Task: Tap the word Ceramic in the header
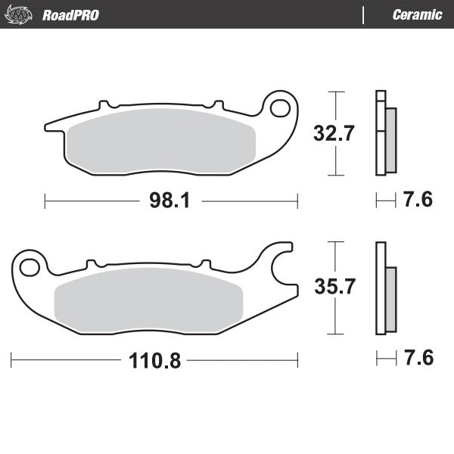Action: (x=417, y=14)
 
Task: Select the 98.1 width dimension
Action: (x=170, y=201)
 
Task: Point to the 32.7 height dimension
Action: (x=334, y=134)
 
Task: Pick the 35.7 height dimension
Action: (x=334, y=288)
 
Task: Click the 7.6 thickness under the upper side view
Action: (x=417, y=201)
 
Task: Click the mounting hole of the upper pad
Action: (x=279, y=107)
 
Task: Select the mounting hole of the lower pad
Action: (x=30, y=266)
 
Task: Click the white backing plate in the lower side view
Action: (x=381, y=288)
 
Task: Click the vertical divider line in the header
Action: (x=363, y=14)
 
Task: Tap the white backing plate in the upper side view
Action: (x=381, y=132)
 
